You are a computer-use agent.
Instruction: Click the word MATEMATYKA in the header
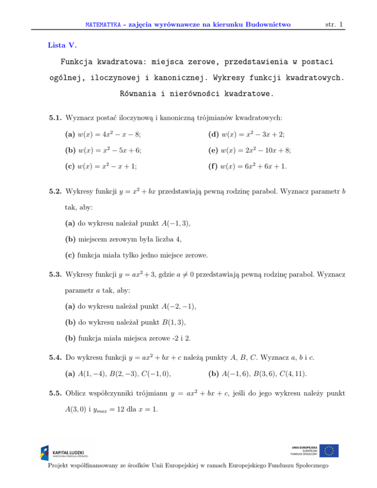click(102, 23)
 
